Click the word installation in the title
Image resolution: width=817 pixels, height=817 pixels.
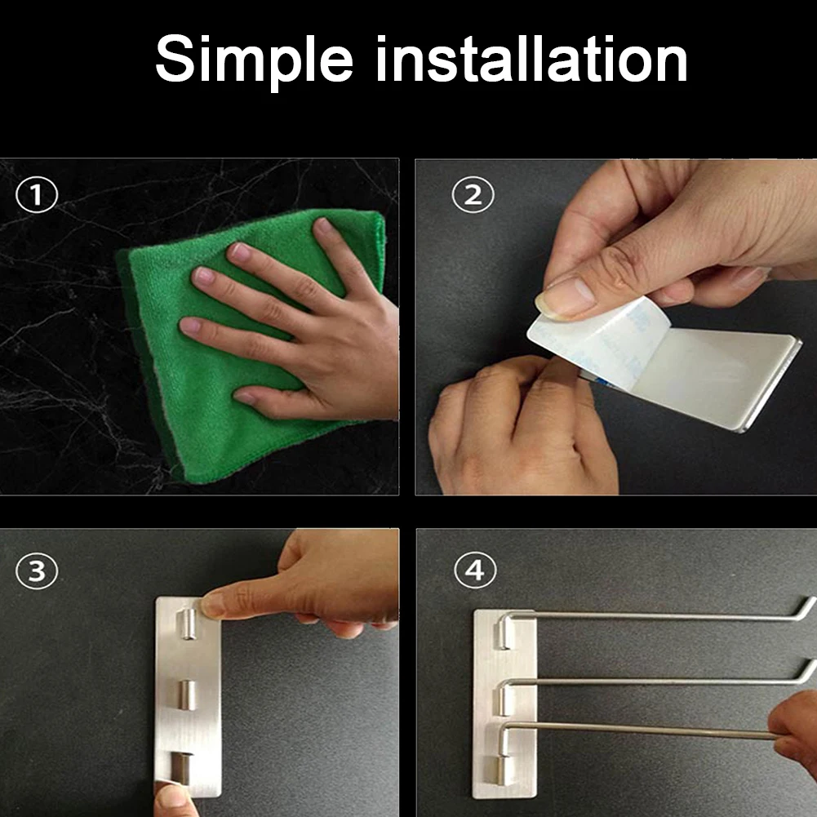531,59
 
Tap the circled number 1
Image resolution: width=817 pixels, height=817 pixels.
37,195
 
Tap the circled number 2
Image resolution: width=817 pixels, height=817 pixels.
473,195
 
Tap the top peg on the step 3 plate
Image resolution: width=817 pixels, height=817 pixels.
188,624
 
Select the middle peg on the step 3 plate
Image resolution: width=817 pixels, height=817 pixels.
187,695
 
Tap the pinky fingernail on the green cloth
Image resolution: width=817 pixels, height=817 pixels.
244,397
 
